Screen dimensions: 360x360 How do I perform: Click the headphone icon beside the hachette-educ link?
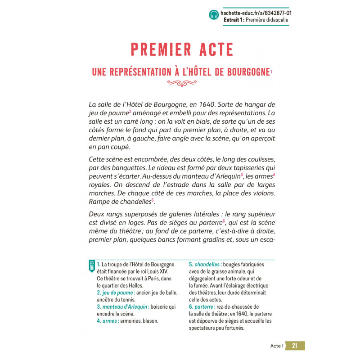click(x=213, y=15)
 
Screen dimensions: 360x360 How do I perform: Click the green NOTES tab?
click(x=92, y=266)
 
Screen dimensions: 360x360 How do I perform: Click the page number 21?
click(x=295, y=346)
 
